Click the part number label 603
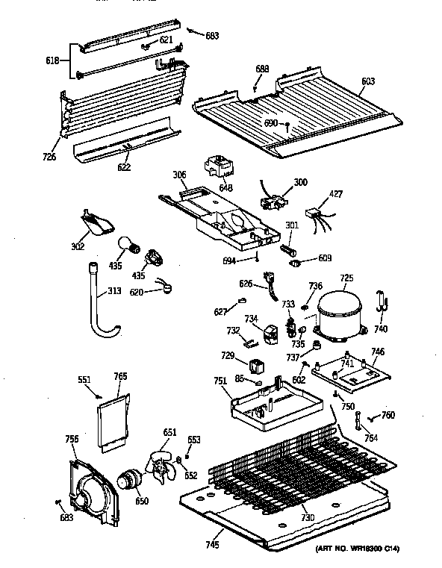368,81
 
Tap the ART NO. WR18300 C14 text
357,550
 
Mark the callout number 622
124,167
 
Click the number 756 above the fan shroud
72,439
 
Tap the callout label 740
381,329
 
